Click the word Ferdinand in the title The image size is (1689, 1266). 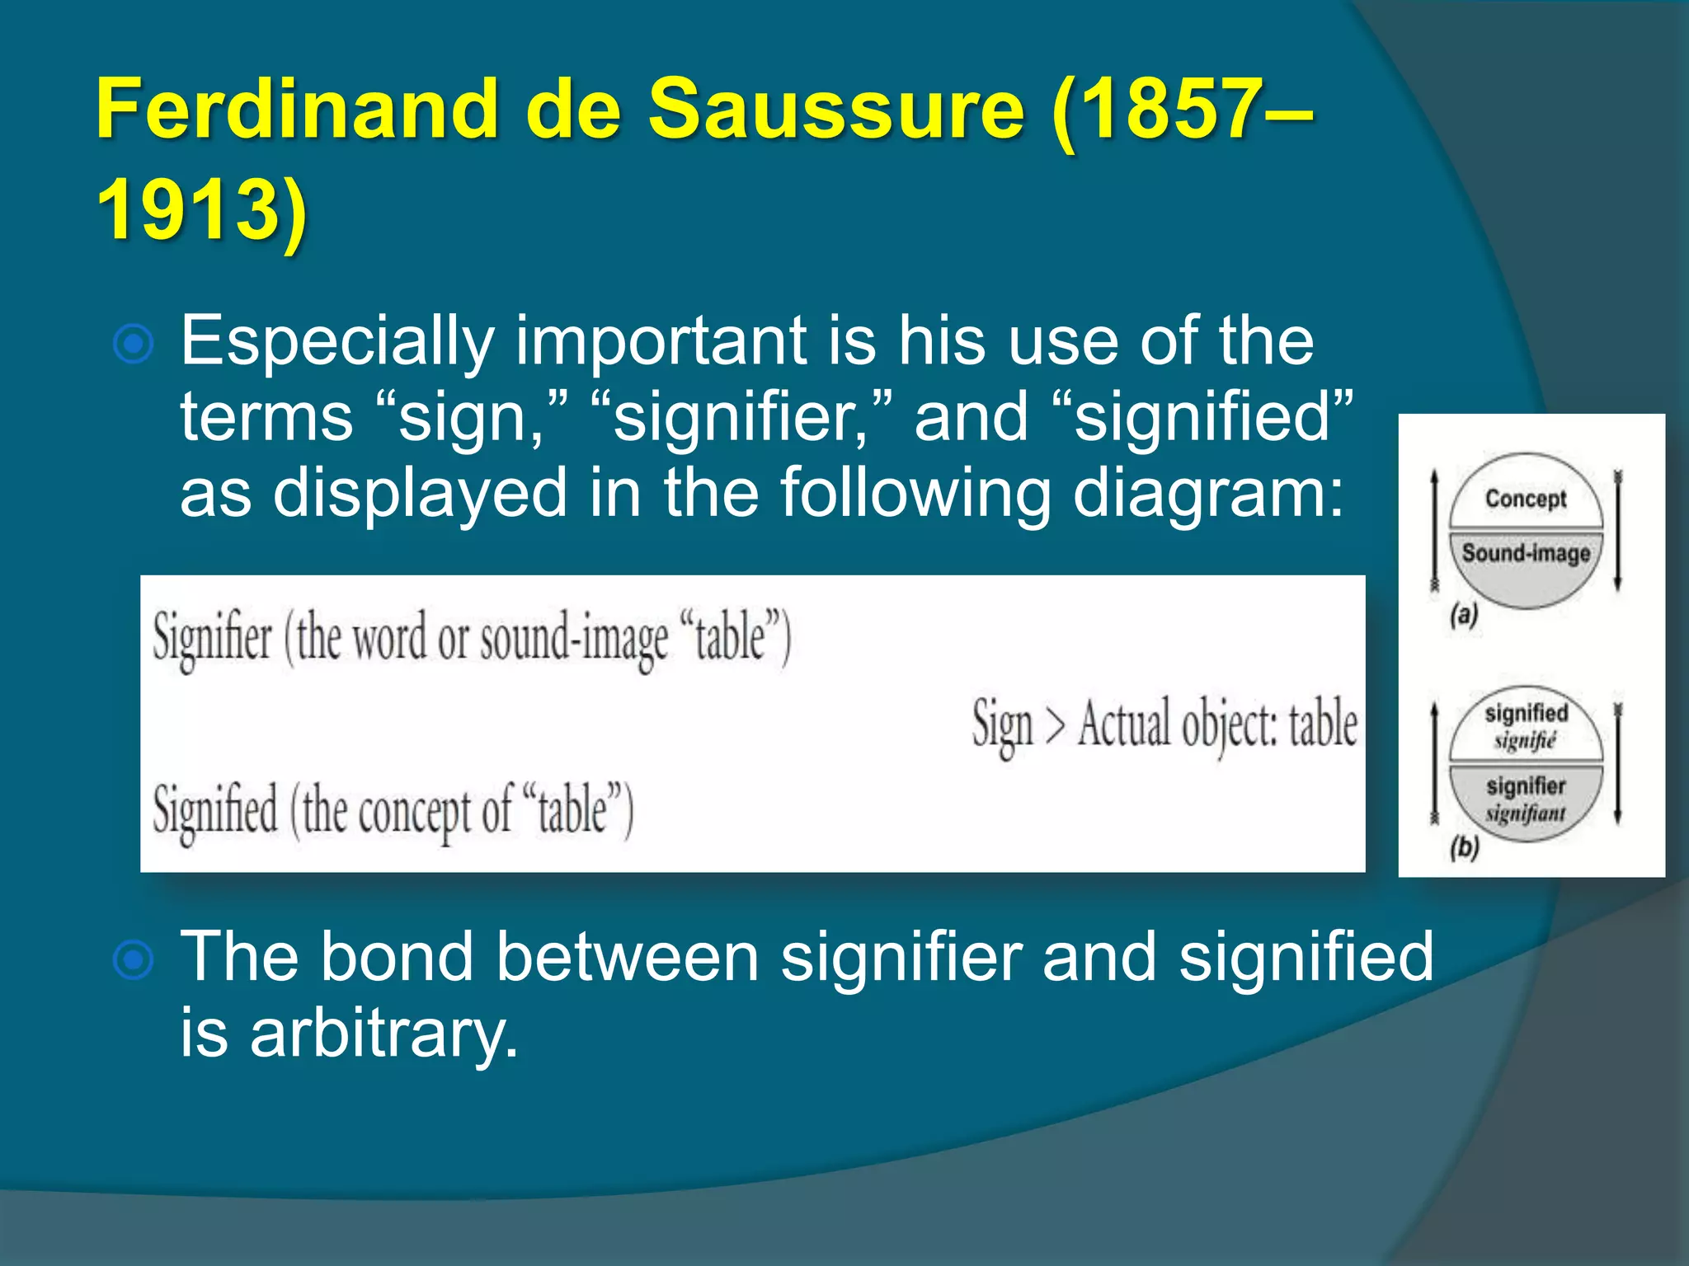pyautogui.click(x=296, y=110)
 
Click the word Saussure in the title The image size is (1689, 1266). pyautogui.click(x=835, y=110)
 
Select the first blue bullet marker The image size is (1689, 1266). pyautogui.click(x=134, y=345)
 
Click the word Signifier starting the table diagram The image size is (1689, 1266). pyautogui.click(x=213, y=639)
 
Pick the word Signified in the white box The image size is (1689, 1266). pyautogui.click(x=215, y=811)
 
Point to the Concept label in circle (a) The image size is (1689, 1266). pyautogui.click(x=1525, y=499)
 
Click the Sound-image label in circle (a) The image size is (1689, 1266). pyautogui.click(x=1526, y=553)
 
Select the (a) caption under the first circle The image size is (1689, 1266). pyautogui.click(x=1464, y=615)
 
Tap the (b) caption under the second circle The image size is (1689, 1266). pyautogui.click(x=1464, y=847)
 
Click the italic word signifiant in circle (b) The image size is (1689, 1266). pyautogui.click(x=1525, y=814)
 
